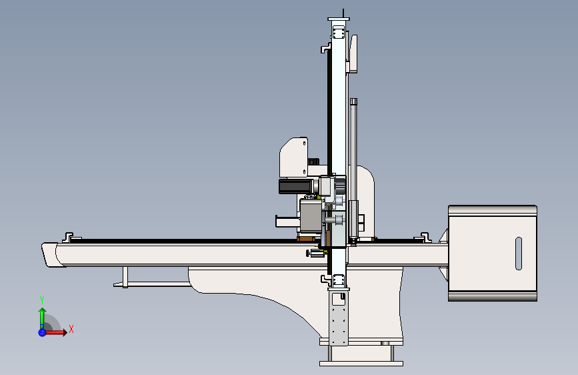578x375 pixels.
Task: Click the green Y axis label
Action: click(x=42, y=300)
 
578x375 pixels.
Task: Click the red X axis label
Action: click(x=71, y=329)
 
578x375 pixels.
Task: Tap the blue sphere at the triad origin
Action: click(x=42, y=332)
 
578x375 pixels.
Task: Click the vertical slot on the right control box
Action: click(x=518, y=253)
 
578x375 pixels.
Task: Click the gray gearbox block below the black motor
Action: click(x=311, y=216)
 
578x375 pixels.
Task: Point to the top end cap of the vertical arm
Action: click(x=339, y=19)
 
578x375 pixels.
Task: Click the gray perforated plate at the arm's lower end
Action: click(x=339, y=318)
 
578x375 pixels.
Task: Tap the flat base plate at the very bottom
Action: click(x=361, y=364)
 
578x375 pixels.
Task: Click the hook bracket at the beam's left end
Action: click(x=67, y=237)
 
